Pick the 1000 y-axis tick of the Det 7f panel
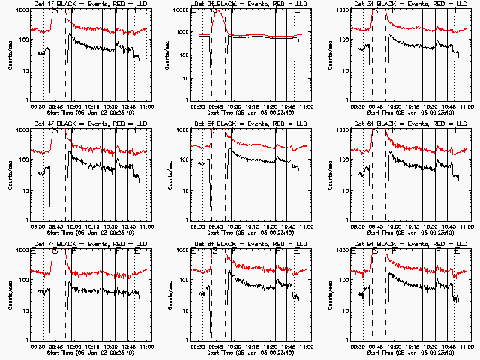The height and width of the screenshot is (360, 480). [24, 250]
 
